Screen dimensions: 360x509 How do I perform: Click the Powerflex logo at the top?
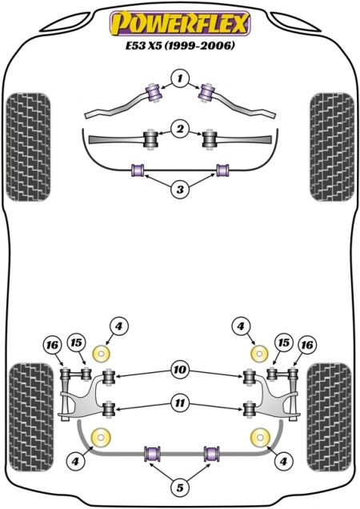pos(180,22)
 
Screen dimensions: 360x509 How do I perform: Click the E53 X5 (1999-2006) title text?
pos(180,46)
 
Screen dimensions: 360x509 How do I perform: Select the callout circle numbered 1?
pos(180,78)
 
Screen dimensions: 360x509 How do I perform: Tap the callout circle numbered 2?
pos(180,129)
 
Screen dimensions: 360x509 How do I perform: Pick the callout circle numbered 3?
pos(180,189)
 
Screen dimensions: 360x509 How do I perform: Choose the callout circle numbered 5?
pos(180,487)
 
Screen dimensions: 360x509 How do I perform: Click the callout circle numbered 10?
pos(180,370)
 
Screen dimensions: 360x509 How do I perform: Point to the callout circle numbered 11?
pos(180,403)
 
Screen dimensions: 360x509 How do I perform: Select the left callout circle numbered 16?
pos(53,345)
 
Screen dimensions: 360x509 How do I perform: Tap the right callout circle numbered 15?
pos(284,343)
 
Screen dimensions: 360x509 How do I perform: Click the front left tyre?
pos(28,147)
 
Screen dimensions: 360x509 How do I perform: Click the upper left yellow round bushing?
pos(102,355)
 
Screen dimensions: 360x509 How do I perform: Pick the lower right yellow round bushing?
pos(260,437)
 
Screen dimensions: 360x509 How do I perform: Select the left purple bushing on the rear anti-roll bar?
pos(152,454)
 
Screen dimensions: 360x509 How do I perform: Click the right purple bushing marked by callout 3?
pos(222,170)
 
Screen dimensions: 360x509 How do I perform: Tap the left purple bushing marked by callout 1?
pos(154,93)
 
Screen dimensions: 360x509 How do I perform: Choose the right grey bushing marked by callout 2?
pos(210,139)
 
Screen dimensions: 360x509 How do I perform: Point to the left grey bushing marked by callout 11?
pos(109,411)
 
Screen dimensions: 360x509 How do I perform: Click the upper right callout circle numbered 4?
pos(241,327)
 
